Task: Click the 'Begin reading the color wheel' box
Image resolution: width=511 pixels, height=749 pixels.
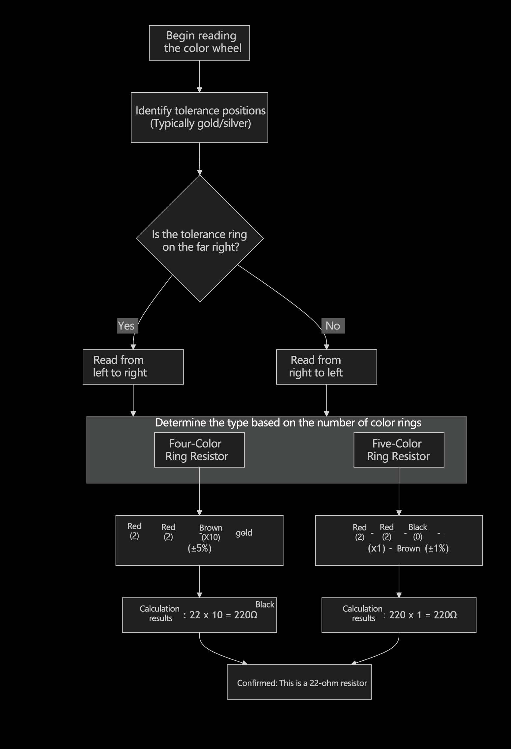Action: coord(199,43)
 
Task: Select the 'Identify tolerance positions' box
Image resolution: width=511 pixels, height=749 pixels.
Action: coord(199,117)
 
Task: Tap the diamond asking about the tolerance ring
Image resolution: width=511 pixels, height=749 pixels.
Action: coord(200,238)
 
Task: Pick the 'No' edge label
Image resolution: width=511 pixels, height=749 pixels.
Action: coord(333,326)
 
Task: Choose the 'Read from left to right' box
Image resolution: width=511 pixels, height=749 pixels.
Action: coord(133,367)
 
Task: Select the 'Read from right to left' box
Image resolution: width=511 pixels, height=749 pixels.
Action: coord(326,367)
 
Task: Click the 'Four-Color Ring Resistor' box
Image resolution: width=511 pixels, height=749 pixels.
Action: coord(199,450)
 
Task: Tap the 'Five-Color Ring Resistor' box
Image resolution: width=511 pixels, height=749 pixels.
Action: coord(399,450)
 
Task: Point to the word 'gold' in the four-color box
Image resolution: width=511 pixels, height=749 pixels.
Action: coord(244,533)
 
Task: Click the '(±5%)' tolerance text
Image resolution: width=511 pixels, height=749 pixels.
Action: coord(199,548)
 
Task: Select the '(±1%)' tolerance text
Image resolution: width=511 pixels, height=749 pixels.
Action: coord(437,548)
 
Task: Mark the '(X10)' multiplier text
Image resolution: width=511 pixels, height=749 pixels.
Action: coord(211,537)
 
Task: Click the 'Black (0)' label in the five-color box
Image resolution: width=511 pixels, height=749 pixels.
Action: coord(417,532)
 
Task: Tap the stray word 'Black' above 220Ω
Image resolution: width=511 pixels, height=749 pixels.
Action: coord(265,604)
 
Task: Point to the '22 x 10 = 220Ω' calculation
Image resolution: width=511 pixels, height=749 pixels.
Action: coord(223,615)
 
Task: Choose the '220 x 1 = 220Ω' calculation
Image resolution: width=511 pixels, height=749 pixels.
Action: coord(423,615)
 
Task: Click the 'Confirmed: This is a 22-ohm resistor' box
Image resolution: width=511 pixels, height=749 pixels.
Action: coord(299,683)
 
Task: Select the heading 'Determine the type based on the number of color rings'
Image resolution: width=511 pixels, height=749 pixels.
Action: coord(288,423)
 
